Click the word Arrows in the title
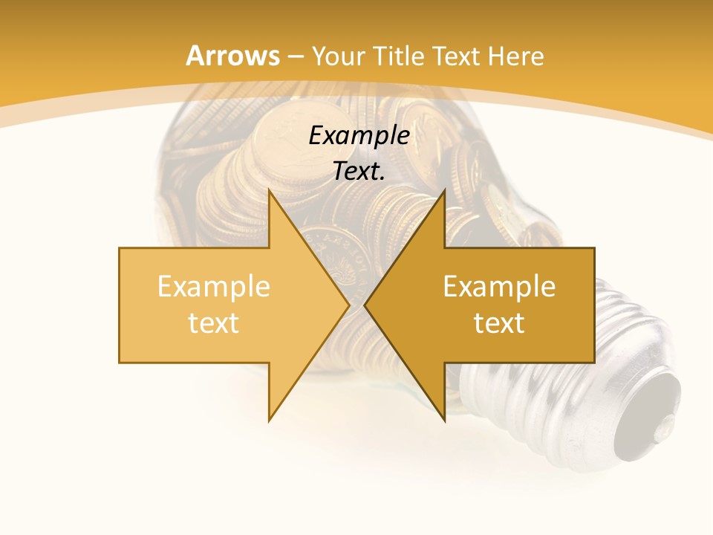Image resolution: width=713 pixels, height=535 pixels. click(x=232, y=56)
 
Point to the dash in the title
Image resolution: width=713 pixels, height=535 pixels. click(x=295, y=57)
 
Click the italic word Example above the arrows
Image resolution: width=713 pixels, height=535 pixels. click(x=359, y=135)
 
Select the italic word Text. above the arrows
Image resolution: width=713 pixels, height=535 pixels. click(x=359, y=171)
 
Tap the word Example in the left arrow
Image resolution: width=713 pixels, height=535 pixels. click(x=214, y=286)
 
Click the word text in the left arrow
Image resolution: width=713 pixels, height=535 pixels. click(x=214, y=322)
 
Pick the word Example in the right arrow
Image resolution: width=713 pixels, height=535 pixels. click(x=499, y=286)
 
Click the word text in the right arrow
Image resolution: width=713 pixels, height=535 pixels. click(x=499, y=322)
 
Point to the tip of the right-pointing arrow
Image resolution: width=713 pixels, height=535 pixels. click(x=349, y=305)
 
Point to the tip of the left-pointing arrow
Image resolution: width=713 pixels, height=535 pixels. click(x=365, y=305)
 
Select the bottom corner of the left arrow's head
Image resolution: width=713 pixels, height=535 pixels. click(x=269, y=421)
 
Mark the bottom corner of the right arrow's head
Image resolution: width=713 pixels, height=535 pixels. click(x=445, y=421)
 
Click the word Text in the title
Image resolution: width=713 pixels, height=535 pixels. click(x=455, y=56)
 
